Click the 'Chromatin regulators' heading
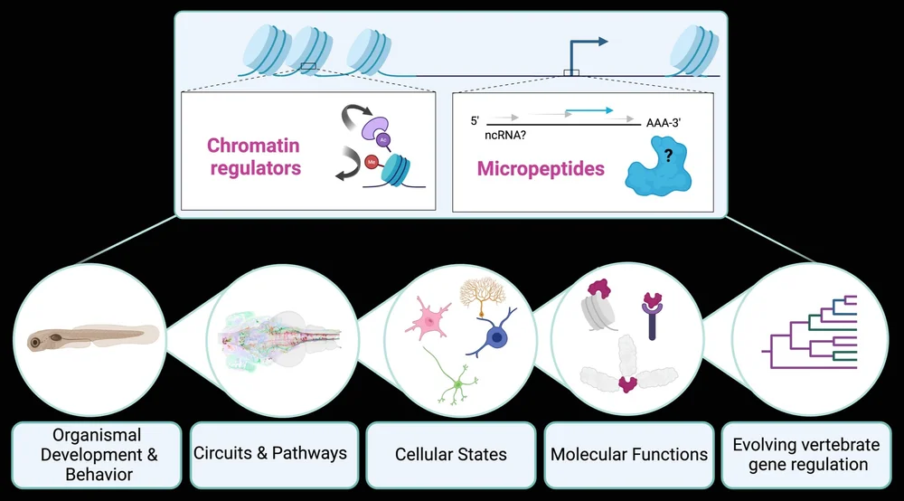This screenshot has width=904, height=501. point(253,156)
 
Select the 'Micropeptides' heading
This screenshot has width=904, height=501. point(541,169)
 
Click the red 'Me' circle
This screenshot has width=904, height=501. point(372,163)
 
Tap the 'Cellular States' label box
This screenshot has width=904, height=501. point(450,454)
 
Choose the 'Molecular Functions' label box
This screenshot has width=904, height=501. point(629,454)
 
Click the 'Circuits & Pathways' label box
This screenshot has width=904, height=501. point(270,453)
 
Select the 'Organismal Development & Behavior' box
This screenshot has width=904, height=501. point(96,454)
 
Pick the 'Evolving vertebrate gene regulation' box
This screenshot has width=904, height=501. point(806,454)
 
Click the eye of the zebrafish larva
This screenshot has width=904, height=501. point(35,343)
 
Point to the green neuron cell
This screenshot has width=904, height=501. point(457,386)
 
